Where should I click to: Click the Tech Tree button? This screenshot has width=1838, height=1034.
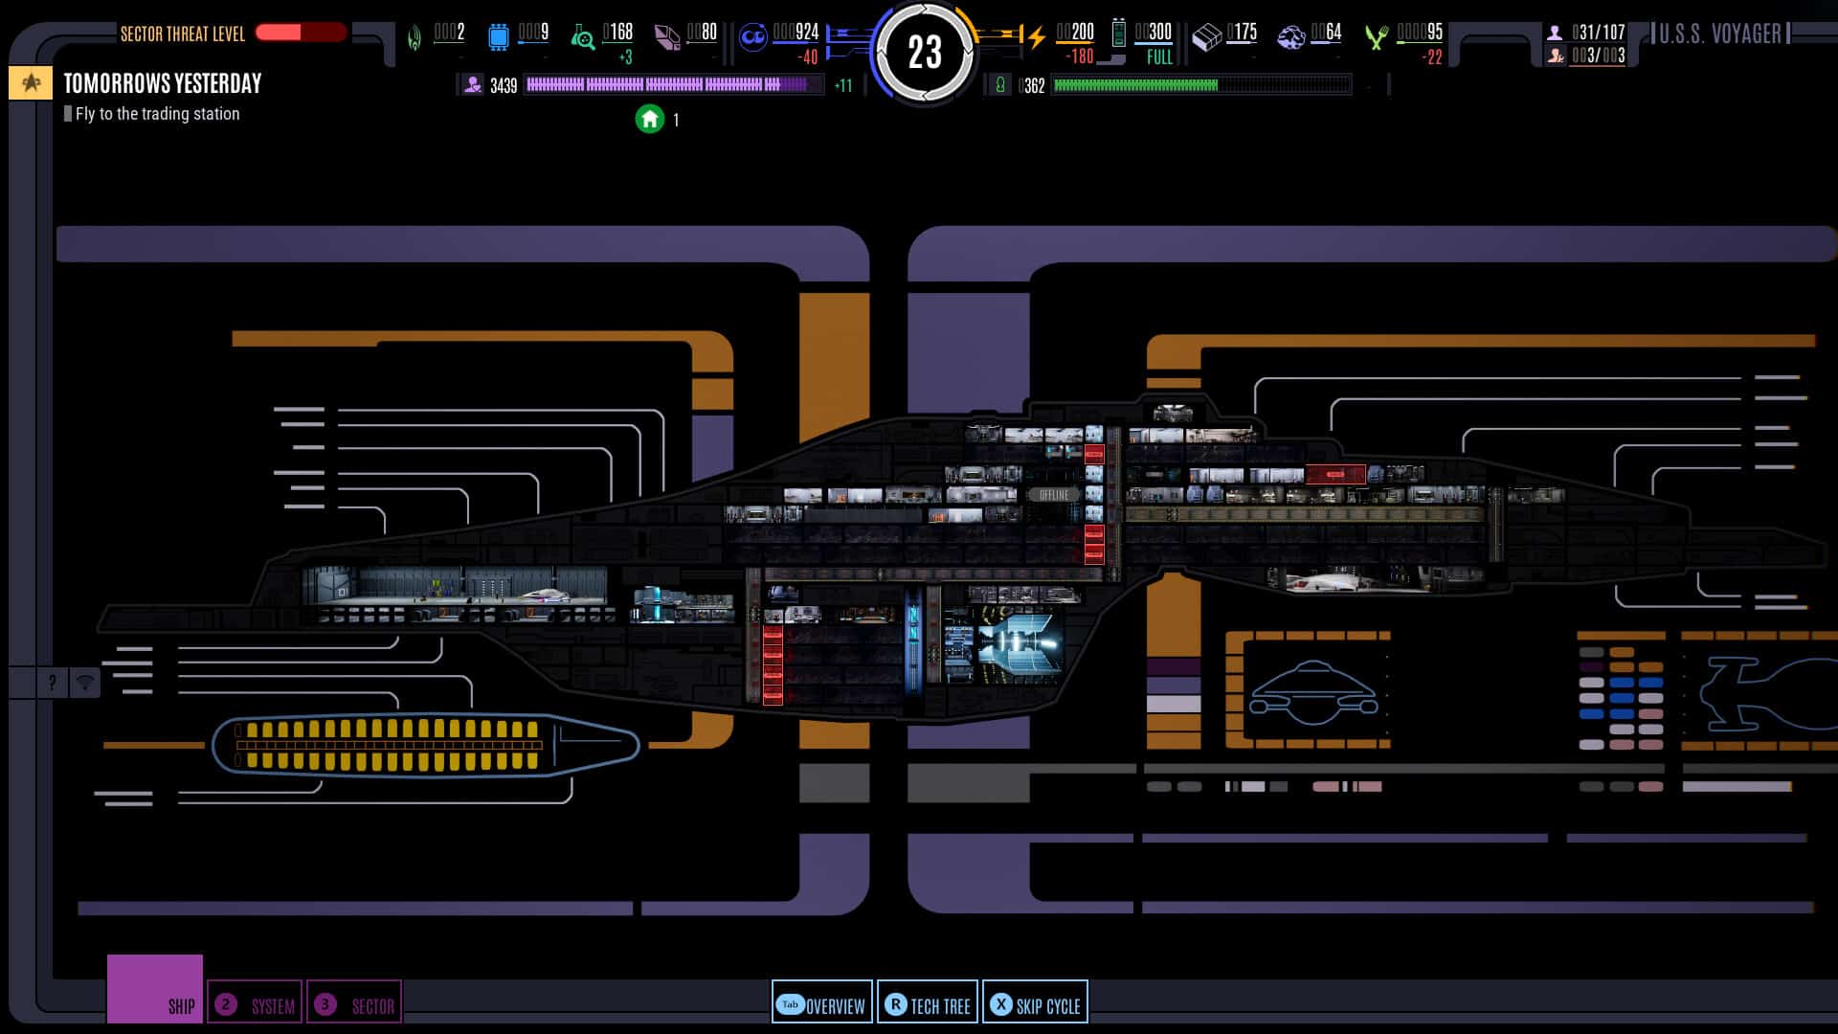[x=928, y=1004]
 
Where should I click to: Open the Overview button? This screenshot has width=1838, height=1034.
[x=821, y=1004]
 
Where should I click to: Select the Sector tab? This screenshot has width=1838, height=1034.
[x=354, y=1004]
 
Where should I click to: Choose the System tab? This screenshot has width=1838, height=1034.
[x=255, y=1004]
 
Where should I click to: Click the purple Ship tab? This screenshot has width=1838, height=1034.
[x=155, y=990]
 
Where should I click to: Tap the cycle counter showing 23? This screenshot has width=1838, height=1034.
[x=924, y=52]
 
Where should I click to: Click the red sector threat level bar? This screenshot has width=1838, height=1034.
[x=300, y=33]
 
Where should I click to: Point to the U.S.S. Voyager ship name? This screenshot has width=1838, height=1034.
[x=1719, y=34]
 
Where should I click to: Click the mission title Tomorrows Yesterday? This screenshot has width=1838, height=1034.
[x=162, y=83]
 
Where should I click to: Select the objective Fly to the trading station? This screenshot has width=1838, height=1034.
[x=157, y=114]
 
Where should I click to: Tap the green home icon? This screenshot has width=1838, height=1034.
[x=650, y=120]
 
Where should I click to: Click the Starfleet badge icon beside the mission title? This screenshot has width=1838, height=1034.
[x=31, y=83]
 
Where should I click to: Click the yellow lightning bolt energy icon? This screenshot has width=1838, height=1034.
[x=1036, y=37]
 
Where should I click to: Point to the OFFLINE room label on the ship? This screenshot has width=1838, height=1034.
[x=1053, y=495]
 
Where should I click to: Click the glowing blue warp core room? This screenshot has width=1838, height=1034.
[x=1020, y=642]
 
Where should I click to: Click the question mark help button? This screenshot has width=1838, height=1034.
[x=52, y=683]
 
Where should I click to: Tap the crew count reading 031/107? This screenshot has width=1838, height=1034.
[x=1597, y=33]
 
